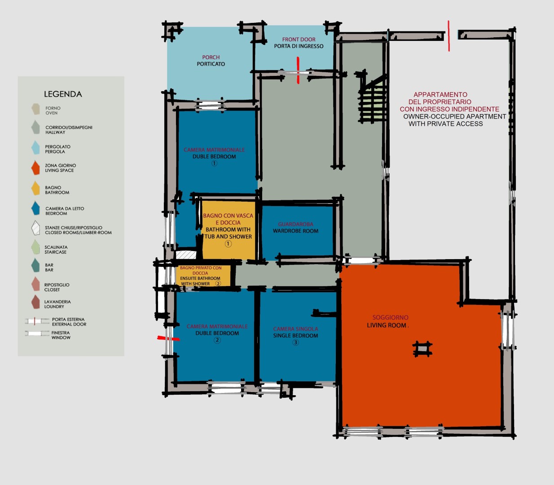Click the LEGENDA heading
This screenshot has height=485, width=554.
(63, 94)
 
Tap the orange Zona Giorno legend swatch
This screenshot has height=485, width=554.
(35, 168)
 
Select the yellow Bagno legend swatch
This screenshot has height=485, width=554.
(35, 188)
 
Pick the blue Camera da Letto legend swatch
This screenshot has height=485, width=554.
(35, 208)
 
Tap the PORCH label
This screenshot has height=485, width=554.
(211, 57)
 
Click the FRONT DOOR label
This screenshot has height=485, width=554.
(299, 40)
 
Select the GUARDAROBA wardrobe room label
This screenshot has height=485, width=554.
(296, 224)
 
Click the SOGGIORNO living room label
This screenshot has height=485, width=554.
(390, 317)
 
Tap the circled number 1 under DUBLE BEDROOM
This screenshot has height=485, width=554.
(214, 163)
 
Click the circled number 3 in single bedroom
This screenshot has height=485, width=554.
(295, 342)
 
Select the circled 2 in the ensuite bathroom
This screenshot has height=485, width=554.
(218, 283)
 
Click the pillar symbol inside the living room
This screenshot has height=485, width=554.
(422, 349)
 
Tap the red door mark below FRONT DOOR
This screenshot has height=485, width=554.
(298, 70)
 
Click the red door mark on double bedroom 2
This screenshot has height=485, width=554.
(168, 338)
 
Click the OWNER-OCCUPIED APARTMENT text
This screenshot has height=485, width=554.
(455, 116)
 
